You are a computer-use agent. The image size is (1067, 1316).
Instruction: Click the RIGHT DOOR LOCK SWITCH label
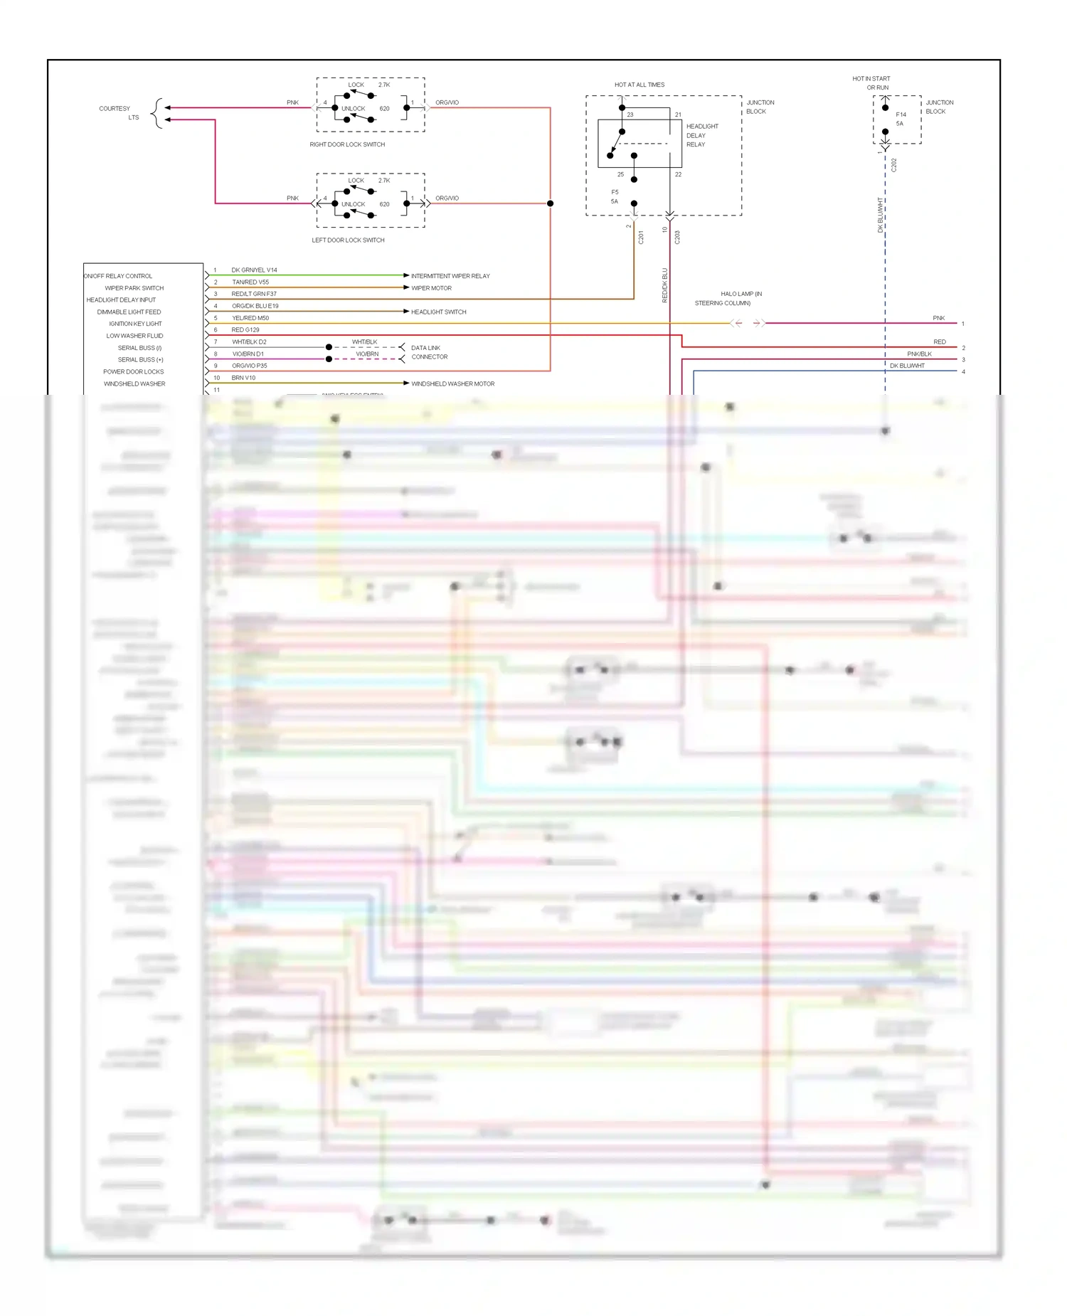[347, 144]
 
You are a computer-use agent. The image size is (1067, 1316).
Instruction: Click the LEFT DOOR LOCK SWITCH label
[348, 240]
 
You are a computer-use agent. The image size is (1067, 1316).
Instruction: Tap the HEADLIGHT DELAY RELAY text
[701, 135]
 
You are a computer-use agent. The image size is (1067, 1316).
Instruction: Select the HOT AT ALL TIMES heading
[639, 85]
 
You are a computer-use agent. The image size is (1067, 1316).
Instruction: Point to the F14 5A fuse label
[901, 119]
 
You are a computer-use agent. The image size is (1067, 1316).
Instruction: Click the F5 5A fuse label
[615, 197]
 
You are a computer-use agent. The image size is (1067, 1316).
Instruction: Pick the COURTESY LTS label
[118, 112]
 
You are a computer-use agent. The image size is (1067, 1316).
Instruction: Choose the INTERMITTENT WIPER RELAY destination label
[450, 276]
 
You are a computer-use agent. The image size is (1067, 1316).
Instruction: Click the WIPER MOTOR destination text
[431, 288]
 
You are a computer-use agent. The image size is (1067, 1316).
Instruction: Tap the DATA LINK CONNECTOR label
[428, 352]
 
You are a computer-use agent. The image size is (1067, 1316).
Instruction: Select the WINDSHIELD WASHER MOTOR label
[452, 383]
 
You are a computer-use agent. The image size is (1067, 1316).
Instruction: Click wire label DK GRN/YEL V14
[254, 270]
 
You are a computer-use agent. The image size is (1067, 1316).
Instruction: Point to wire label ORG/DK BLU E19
[255, 306]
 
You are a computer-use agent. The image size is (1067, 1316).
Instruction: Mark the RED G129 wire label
[245, 330]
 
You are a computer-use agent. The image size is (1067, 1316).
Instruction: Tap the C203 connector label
[677, 237]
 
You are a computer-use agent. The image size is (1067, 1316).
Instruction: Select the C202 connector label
[894, 165]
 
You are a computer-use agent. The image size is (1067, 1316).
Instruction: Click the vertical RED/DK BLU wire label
[665, 285]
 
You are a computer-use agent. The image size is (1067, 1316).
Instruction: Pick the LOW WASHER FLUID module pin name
[134, 336]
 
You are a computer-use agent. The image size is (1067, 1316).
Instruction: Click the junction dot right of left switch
[550, 203]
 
